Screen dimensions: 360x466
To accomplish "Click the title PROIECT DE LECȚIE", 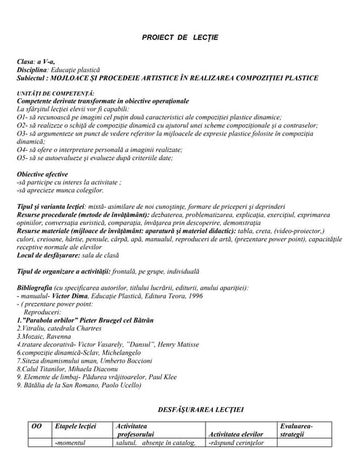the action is point(180,37).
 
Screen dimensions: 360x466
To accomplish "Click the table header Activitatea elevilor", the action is point(236,435).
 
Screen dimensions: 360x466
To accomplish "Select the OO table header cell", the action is point(36,426).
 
